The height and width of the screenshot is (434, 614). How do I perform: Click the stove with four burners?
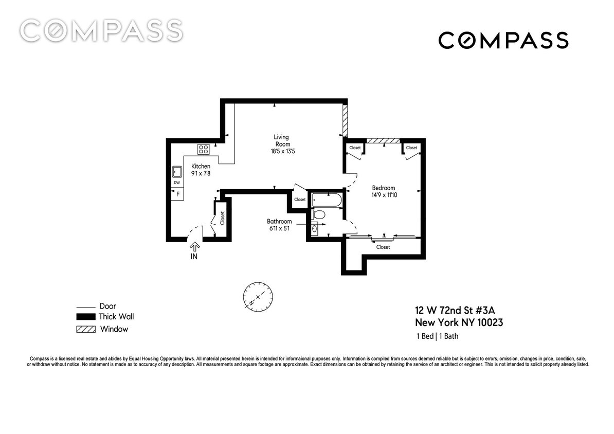pos(203,149)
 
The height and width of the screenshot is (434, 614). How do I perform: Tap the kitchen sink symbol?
pos(176,172)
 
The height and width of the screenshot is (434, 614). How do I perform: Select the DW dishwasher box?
pos(176,183)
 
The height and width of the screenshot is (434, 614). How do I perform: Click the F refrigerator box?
pos(178,194)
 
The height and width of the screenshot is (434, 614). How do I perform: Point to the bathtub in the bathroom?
pos(327,200)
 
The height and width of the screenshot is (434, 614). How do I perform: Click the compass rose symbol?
pos(259,297)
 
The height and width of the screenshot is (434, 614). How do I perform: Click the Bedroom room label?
pos(384,188)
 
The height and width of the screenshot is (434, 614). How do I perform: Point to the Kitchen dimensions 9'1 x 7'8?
pos(201,174)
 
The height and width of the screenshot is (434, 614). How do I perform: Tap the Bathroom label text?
pos(279,222)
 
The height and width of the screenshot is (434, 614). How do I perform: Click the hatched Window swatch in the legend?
pos(85,329)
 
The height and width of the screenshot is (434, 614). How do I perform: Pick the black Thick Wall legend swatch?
pos(85,317)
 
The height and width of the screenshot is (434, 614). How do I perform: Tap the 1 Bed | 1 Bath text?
pos(437,337)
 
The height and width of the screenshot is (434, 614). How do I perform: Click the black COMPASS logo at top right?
pos(503,40)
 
